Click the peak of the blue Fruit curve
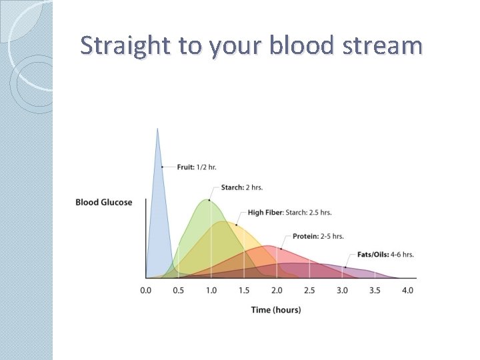coord(157,129)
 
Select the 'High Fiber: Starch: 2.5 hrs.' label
coord(289,213)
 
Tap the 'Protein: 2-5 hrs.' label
coord(318,236)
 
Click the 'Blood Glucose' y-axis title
coord(104,202)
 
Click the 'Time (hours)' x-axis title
coord(276,309)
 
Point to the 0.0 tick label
coord(146,291)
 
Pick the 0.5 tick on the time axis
coord(179,291)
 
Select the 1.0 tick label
coord(211,291)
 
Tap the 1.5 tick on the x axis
coord(244,291)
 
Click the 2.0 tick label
coord(277,291)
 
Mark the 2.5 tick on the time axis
coord(309,291)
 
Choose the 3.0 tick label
coord(342,291)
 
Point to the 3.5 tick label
coord(375,291)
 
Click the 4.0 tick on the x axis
coord(407,291)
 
